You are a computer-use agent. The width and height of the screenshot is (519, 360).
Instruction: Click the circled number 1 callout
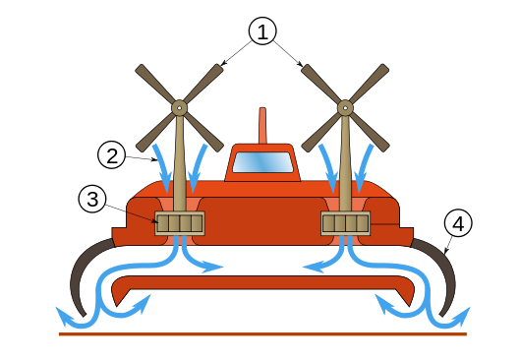coord(262,31)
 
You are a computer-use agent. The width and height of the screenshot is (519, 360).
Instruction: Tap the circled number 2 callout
coord(111,155)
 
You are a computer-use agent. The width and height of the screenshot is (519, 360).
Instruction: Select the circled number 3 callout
coord(92,199)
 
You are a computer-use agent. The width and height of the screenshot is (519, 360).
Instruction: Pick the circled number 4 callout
coord(458,223)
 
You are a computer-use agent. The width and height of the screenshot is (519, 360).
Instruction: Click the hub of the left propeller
coord(180,107)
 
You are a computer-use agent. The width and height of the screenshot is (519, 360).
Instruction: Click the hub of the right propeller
coord(345,107)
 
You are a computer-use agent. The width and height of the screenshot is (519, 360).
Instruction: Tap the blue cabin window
coord(262,162)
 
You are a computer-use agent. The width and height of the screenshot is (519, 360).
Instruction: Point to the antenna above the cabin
coord(262,126)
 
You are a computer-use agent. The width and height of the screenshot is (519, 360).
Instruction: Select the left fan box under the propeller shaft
coord(180,223)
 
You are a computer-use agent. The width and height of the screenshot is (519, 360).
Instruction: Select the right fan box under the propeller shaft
coord(346,223)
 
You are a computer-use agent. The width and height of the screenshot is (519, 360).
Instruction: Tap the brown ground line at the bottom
coord(262,334)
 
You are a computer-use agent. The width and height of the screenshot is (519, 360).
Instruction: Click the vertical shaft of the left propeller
coord(180,163)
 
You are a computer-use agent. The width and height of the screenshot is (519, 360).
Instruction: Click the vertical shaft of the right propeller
coord(345,163)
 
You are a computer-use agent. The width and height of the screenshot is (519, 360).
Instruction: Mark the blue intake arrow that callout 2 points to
coord(162,168)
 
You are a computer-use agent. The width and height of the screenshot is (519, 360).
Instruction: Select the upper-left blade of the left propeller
coord(155,84)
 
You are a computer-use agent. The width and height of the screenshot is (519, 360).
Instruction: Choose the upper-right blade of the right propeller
coord(370,84)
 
